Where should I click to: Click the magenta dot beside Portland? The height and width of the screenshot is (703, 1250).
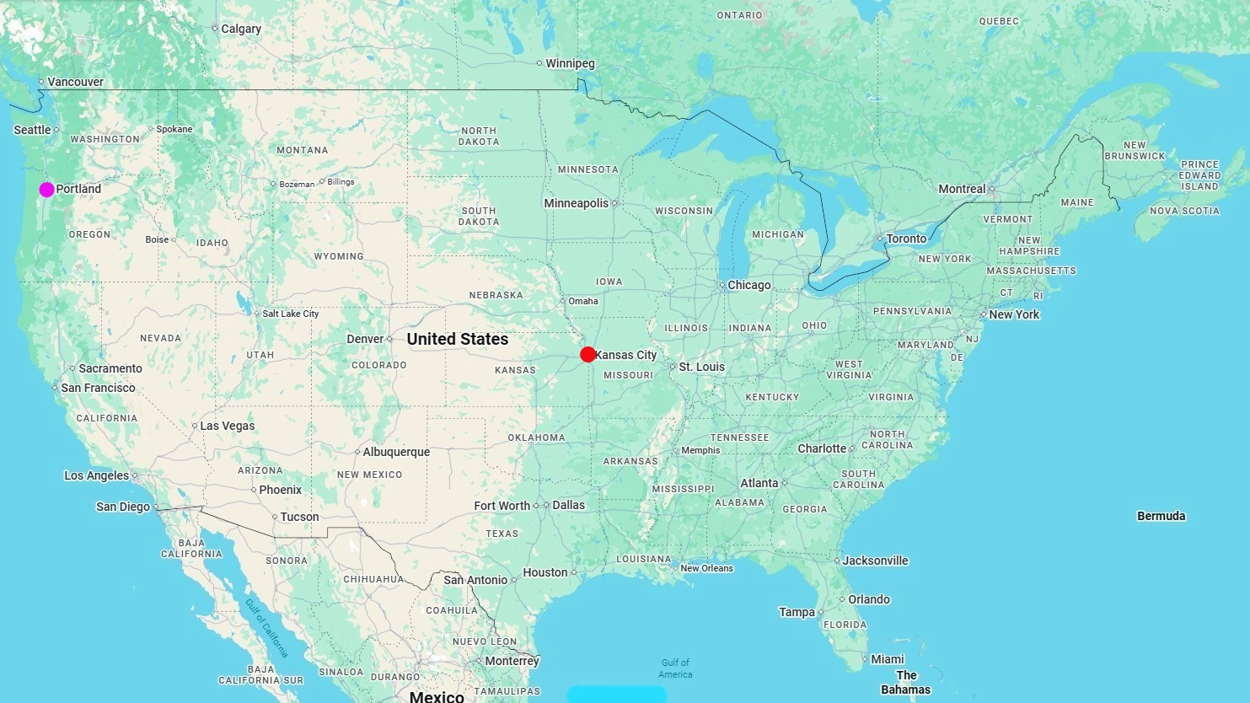click(46, 190)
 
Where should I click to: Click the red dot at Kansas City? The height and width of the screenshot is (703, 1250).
click(587, 355)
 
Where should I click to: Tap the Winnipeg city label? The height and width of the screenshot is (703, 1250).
click(570, 63)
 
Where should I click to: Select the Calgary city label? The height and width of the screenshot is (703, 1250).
click(241, 29)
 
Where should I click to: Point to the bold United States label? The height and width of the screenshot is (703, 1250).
click(458, 339)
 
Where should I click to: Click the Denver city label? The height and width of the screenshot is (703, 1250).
click(365, 339)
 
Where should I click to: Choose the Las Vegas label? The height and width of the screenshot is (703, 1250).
click(227, 426)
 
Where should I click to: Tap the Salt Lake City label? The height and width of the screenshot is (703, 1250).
click(290, 314)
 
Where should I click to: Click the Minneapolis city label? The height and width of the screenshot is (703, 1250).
click(576, 203)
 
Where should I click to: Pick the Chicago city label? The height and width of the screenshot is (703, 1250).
click(748, 285)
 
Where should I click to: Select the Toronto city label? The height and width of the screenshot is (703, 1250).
click(906, 239)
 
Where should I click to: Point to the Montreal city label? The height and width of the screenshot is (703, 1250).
click(962, 189)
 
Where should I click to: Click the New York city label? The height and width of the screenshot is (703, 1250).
click(1014, 314)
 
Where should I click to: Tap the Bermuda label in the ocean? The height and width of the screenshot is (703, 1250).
click(1161, 516)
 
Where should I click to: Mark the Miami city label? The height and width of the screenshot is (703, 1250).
click(887, 659)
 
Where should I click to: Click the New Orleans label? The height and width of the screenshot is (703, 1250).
click(706, 568)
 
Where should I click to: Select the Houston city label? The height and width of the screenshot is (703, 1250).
click(545, 572)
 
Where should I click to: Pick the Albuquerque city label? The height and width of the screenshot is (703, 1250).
click(396, 452)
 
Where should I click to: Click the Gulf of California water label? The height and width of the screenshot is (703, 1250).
click(266, 628)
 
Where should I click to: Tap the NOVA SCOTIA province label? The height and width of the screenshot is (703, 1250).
click(1184, 211)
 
